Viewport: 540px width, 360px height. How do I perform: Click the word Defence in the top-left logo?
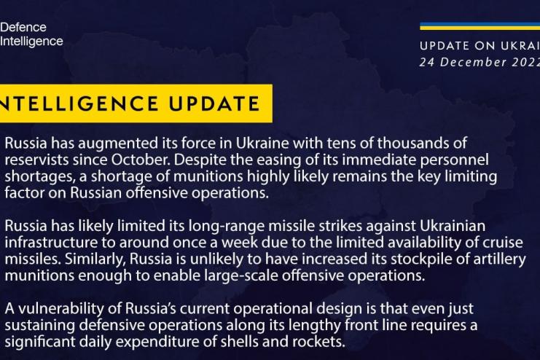coord(23,28)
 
